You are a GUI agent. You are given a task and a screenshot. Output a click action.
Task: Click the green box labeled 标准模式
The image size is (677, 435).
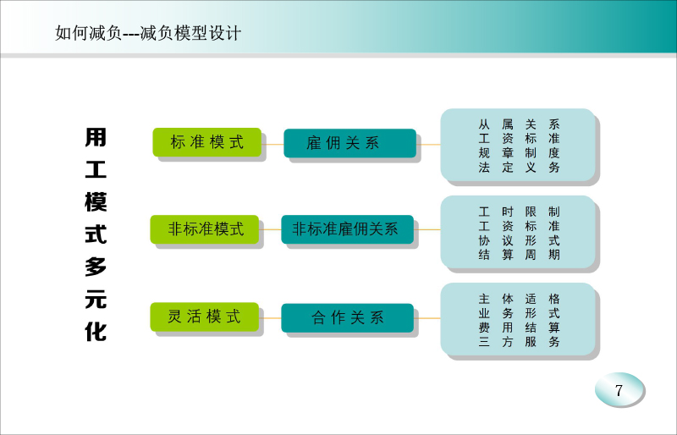[207, 142]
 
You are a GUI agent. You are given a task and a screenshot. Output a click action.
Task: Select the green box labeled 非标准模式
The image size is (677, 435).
[205, 229]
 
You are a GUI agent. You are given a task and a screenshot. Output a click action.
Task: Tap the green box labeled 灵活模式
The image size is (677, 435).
[205, 317]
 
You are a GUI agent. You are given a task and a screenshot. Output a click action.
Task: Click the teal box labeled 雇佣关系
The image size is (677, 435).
[350, 143]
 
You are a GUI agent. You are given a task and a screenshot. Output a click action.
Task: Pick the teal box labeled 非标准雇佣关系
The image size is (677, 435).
[348, 229]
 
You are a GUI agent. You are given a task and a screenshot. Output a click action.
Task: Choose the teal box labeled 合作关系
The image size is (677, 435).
[348, 318]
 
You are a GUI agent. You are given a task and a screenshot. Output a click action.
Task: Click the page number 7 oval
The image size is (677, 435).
[619, 389]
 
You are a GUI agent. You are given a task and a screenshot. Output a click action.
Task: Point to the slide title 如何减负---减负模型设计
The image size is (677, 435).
[148, 33]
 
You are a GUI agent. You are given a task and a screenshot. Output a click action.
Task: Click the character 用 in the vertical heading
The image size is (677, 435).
[96, 137]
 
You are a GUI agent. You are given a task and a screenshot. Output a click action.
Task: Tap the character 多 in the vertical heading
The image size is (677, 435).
[96, 267]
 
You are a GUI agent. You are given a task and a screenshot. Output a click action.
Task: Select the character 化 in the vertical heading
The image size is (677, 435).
[96, 332]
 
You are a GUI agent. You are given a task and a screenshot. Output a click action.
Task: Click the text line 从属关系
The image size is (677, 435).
[519, 125]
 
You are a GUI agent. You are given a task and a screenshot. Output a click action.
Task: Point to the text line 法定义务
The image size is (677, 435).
[519, 168]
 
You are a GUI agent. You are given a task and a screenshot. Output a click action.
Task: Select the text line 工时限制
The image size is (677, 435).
[519, 212]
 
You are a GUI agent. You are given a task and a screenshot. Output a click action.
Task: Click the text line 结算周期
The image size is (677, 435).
[519, 255]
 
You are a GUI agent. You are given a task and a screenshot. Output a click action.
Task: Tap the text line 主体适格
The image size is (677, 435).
[519, 299]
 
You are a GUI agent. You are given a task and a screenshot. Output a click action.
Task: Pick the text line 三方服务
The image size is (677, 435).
[519, 342]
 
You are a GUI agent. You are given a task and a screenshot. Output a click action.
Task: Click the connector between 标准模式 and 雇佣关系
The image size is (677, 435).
[272, 144]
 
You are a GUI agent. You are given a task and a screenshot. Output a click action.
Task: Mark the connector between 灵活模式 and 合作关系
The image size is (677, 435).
[270, 318]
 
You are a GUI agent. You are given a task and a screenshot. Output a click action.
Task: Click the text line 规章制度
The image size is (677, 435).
[519, 153]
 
